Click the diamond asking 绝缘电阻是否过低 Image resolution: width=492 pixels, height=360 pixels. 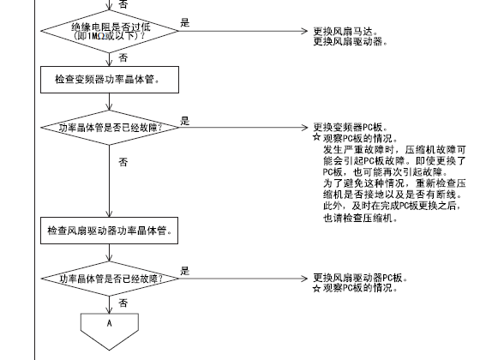pyautogui.click(x=109, y=31)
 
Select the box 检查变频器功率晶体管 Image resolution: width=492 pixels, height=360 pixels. pyautogui.click(x=110, y=80)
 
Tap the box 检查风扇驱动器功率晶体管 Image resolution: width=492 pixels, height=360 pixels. pyautogui.click(x=109, y=231)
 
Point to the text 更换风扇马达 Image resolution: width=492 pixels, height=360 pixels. pyautogui.click(x=345, y=32)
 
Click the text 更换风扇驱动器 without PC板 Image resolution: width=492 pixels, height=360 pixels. pyautogui.click(x=351, y=41)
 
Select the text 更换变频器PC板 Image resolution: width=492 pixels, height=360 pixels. pyautogui.click(x=351, y=128)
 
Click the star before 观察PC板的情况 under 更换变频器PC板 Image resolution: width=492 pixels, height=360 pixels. pyautogui.click(x=316, y=137)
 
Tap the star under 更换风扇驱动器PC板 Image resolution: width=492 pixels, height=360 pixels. pyautogui.click(x=316, y=288)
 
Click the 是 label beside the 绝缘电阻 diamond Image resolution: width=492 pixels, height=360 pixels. pyautogui.click(x=185, y=22)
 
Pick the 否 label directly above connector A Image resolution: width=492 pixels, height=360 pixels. pyautogui.click(x=123, y=303)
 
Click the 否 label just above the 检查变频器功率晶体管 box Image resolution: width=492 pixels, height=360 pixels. pyautogui.click(x=123, y=57)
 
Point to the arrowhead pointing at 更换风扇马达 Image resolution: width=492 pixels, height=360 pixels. pyautogui.click(x=304, y=31)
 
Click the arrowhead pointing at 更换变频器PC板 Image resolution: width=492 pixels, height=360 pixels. pyautogui.click(x=304, y=128)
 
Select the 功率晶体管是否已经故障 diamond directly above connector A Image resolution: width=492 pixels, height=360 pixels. pyautogui.click(x=109, y=279)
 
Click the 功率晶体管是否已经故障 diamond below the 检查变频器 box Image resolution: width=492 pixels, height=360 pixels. pyautogui.click(x=109, y=128)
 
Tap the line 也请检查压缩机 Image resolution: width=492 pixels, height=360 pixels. pyautogui.click(x=360, y=218)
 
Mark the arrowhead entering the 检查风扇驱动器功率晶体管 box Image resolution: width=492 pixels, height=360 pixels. pyautogui.click(x=109, y=213)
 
